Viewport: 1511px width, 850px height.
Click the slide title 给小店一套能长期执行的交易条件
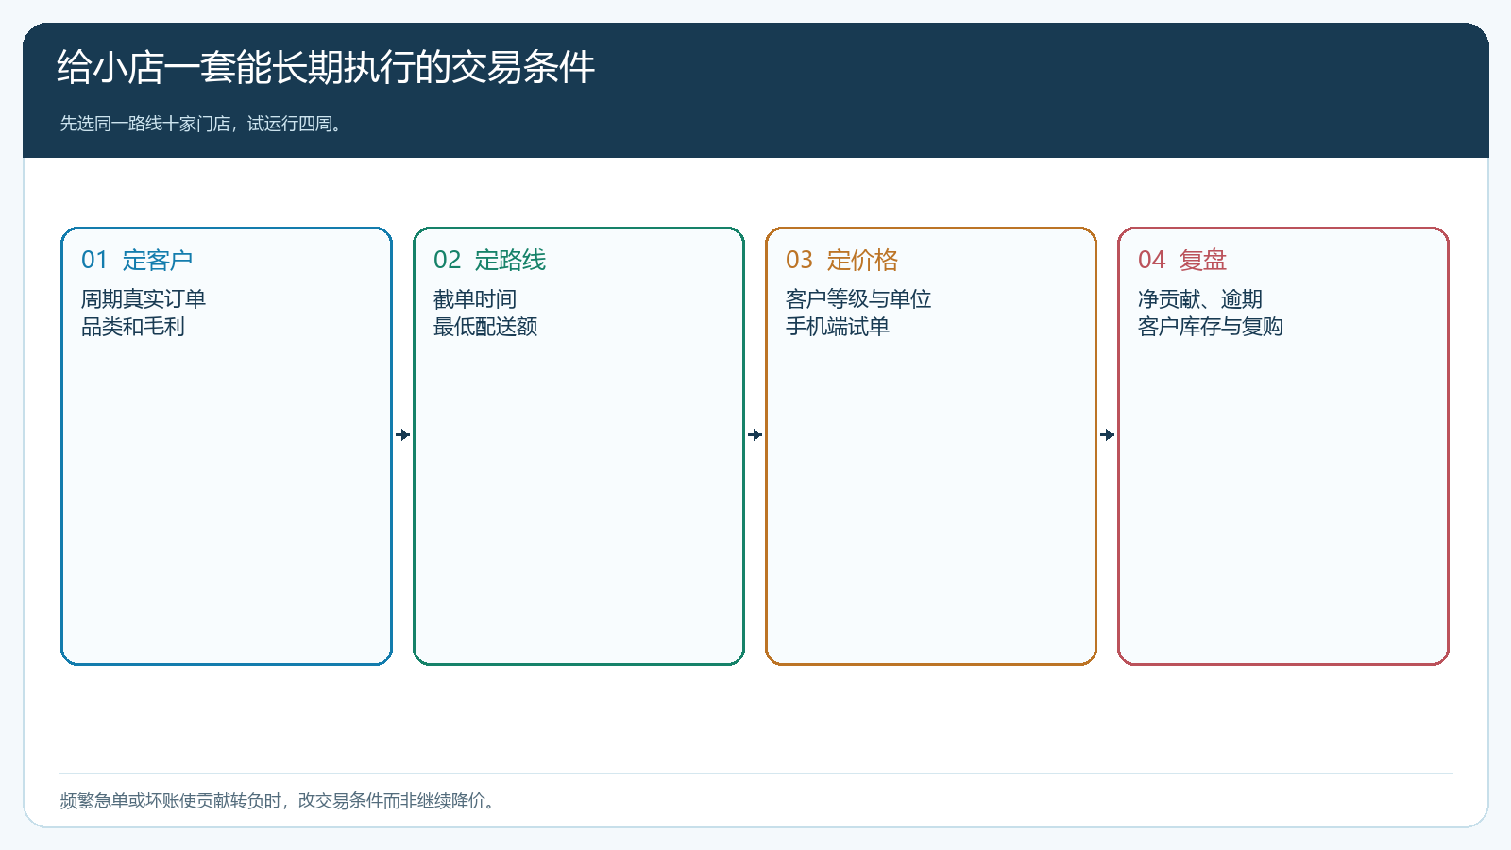[326, 67]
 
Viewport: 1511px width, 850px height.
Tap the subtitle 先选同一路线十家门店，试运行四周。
[200, 124]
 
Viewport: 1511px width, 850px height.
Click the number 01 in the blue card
[94, 260]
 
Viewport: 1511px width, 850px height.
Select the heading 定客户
[158, 260]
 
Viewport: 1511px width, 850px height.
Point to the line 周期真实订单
[143, 298]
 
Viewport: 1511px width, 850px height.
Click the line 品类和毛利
[133, 327]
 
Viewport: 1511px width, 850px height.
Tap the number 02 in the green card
[448, 260]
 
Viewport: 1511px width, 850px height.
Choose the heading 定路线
[510, 260]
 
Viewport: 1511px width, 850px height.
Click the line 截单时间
[475, 298]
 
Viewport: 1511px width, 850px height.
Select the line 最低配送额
[485, 327]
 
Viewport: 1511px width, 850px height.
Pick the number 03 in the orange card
[799, 260]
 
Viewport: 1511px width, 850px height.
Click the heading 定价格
[863, 260]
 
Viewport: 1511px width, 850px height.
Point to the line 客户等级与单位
[858, 298]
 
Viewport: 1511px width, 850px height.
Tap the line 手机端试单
[838, 327]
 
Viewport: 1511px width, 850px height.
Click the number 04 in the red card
[1151, 260]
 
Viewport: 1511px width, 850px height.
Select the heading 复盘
[1203, 260]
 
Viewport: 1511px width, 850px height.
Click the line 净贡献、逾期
[1200, 298]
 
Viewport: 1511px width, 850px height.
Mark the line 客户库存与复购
[1210, 327]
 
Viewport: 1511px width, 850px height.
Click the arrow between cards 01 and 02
[402, 435]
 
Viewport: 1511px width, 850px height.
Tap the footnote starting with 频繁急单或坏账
[278, 801]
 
